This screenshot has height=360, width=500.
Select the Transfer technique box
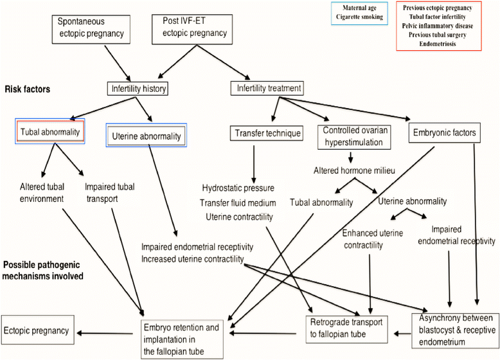coord(266,133)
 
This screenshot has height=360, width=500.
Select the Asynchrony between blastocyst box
coord(455,331)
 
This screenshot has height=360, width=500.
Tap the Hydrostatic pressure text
coord(238,188)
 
